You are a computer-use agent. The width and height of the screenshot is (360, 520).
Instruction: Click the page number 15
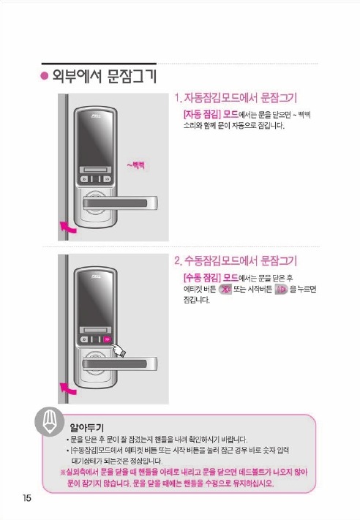coord(27,498)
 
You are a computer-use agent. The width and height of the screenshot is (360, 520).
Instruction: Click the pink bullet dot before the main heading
coord(44,76)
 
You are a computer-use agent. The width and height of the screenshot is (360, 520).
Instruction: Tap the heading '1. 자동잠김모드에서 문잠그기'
coord(236,98)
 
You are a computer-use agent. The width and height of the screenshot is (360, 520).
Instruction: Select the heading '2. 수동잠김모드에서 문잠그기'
coord(236,260)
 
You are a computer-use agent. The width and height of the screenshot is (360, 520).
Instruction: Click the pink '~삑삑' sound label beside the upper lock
coord(136,165)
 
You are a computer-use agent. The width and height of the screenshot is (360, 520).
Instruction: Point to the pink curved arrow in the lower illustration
coord(68,388)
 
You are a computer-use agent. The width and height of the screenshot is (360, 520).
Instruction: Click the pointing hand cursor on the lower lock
coord(119,350)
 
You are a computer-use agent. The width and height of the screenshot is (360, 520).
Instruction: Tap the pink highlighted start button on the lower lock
coord(107,339)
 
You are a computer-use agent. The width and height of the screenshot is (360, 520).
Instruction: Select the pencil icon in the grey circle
coord(49,422)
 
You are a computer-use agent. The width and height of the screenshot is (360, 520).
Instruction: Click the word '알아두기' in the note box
coord(86,427)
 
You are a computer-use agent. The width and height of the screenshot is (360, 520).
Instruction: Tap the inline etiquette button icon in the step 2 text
coord(225,289)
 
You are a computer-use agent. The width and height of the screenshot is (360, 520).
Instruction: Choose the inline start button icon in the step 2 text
coord(282,289)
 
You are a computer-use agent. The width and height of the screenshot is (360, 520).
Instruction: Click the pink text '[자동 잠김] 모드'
coord(211,114)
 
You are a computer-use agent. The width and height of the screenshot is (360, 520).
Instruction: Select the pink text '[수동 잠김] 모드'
coord(211,277)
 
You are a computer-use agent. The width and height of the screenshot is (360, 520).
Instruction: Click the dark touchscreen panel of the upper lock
coord(95,139)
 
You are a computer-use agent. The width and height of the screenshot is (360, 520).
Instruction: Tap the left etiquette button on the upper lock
coord(85,179)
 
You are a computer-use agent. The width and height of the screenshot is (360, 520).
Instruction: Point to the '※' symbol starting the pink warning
coord(63,472)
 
